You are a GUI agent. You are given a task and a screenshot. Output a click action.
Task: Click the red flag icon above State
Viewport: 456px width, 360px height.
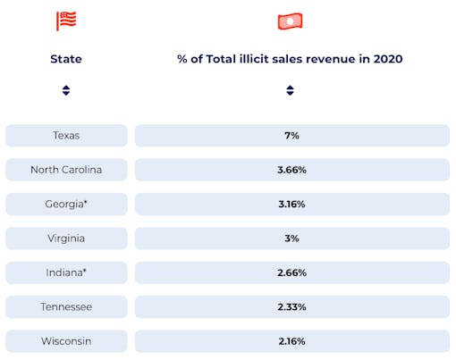pyautogui.click(x=66, y=21)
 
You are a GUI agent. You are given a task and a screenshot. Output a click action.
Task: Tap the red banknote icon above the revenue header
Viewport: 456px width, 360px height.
pyautogui.click(x=290, y=21)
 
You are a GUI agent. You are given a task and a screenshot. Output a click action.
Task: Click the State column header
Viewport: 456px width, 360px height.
pyautogui.click(x=66, y=59)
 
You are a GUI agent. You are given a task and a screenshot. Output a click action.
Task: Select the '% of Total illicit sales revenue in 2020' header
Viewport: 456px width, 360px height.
pyautogui.click(x=291, y=59)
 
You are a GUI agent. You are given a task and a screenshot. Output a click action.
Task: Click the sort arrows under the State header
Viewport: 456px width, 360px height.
pyautogui.click(x=66, y=90)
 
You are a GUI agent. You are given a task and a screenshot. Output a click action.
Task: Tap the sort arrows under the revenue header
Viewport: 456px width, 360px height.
pyautogui.click(x=291, y=90)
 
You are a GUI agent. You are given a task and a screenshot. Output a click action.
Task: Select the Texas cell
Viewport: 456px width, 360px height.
pyautogui.click(x=66, y=135)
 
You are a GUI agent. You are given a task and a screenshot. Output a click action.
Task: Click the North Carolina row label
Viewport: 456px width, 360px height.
pyautogui.click(x=66, y=170)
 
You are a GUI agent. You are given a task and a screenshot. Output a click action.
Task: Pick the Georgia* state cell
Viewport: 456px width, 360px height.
pyautogui.click(x=66, y=204)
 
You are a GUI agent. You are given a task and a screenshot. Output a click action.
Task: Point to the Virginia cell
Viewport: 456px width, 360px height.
pyautogui.click(x=66, y=239)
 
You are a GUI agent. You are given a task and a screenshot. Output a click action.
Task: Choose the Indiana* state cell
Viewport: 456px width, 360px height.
pyautogui.click(x=66, y=272)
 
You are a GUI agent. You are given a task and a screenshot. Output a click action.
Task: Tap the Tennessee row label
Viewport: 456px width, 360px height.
pyautogui.click(x=66, y=307)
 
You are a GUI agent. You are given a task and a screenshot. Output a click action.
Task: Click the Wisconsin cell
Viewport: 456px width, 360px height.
pyautogui.click(x=66, y=341)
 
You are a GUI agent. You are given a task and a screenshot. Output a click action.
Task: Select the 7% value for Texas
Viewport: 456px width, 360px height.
pyautogui.click(x=291, y=135)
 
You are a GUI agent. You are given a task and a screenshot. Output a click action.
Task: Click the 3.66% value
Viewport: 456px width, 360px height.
pyautogui.click(x=291, y=170)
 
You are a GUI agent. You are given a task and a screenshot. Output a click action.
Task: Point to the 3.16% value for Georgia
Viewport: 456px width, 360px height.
pyautogui.click(x=291, y=204)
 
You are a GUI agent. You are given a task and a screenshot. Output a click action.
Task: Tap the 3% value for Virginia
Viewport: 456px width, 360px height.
pyautogui.click(x=291, y=239)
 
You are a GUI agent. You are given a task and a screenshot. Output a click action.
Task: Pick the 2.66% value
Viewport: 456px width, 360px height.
pyautogui.click(x=291, y=272)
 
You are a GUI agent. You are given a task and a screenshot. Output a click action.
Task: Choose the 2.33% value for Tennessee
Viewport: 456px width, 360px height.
pyautogui.click(x=291, y=307)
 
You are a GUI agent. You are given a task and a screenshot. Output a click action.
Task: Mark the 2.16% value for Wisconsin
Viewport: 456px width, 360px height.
pyautogui.click(x=291, y=341)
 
